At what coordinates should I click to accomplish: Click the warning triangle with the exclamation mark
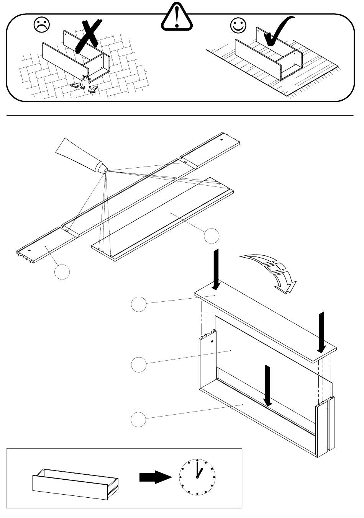click(176, 18)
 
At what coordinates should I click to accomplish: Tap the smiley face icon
click(238, 25)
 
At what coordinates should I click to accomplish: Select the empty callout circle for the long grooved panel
click(62, 271)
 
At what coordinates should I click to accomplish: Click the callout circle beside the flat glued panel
click(212, 236)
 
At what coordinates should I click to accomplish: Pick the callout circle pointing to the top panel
click(139, 304)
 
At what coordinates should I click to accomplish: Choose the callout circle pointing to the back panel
click(139, 364)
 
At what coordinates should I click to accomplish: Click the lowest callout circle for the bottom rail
click(139, 419)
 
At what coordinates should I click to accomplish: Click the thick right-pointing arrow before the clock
click(155, 477)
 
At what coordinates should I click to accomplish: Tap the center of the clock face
click(197, 477)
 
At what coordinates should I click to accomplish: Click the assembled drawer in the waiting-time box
click(75, 484)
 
